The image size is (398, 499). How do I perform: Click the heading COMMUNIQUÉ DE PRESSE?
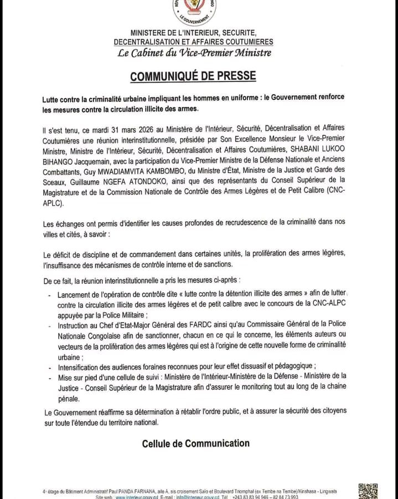pos(193,75)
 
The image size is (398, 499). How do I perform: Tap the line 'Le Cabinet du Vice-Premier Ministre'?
pos(194,53)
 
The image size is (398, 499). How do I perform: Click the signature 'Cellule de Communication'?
pos(195,443)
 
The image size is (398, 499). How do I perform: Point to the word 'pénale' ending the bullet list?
pos(69,398)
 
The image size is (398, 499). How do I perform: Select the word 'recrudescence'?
pos(257,222)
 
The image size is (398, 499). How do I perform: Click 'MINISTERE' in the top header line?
pos(149,33)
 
